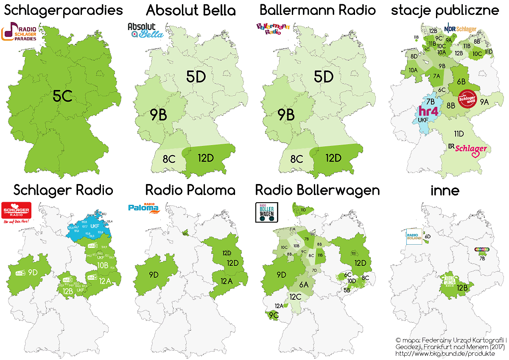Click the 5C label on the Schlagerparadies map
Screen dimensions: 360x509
[x=62, y=97]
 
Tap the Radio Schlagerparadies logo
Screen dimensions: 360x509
[x=20, y=33]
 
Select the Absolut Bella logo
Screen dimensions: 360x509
[x=145, y=31]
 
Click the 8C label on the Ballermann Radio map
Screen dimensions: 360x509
[x=296, y=159]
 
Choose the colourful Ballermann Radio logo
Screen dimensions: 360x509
[x=273, y=30]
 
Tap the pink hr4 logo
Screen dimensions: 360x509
[x=428, y=111]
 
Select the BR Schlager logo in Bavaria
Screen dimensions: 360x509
[x=467, y=148]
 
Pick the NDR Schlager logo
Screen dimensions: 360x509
[x=460, y=29]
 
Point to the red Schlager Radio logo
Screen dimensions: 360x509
[x=16, y=211]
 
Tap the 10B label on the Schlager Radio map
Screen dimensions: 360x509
[x=103, y=265]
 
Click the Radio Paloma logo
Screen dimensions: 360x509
[x=143, y=207]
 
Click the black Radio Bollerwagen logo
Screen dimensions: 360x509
[x=266, y=212]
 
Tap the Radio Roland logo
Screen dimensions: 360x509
[x=414, y=237]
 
